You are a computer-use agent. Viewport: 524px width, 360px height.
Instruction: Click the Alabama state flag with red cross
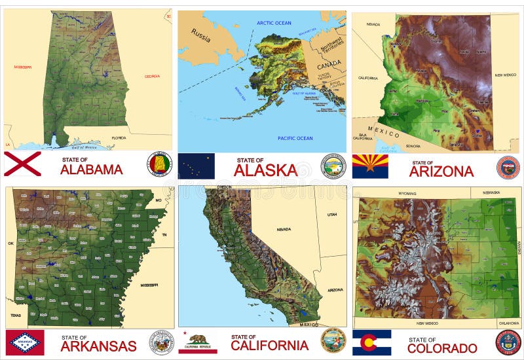tap(22, 164)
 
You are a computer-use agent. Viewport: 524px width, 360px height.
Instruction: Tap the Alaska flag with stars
tap(196, 166)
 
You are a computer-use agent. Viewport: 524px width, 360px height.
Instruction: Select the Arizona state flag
tap(370, 166)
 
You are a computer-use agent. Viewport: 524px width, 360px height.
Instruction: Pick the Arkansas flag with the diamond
tap(25, 342)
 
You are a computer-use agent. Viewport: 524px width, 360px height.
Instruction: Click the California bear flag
tap(197, 342)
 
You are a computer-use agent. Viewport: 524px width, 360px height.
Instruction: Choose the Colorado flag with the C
tap(371, 342)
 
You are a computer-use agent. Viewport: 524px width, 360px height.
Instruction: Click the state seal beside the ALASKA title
tap(333, 166)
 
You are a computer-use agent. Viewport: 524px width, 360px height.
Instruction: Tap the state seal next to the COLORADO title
tap(508, 342)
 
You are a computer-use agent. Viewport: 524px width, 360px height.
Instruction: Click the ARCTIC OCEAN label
tap(274, 23)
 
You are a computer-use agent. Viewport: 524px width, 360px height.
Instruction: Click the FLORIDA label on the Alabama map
tap(119, 138)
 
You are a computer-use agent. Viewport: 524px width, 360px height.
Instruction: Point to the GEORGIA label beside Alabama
tap(153, 76)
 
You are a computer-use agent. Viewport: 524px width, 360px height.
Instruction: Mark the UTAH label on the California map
tap(332, 215)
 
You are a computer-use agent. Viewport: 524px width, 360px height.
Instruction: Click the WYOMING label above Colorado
tap(407, 194)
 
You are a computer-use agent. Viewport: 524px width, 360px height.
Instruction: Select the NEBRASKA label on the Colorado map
tap(491, 192)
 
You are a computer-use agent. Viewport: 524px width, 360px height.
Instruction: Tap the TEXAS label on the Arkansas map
tap(14, 315)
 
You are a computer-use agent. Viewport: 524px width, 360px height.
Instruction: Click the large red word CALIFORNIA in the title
tap(269, 345)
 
